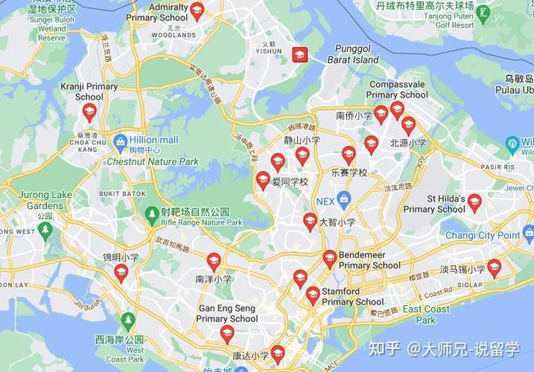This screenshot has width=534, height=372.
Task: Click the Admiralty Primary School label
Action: coord(157,12)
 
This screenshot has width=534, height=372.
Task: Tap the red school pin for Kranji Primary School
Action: coord(89,112)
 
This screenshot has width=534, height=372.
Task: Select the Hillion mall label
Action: coord(153,140)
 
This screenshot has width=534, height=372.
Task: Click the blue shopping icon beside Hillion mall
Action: coord(120,140)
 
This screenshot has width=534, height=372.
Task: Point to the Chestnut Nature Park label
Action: coord(152,161)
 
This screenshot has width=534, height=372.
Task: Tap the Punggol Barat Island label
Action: coord(357,54)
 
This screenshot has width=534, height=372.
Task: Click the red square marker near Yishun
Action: coord(300,54)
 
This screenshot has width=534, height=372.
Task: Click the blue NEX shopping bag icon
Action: coord(344,199)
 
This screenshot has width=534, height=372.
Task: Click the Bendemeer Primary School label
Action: coord(369,260)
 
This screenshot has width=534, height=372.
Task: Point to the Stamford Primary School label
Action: coord(352,297)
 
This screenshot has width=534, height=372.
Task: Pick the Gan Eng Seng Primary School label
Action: coord(227,313)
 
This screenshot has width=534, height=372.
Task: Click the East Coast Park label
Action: coord(426,314)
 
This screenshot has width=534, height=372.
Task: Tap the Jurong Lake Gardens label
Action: coord(45,200)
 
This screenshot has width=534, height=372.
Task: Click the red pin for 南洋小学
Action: coord(214,260)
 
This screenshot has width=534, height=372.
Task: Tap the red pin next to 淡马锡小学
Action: coord(494,268)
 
